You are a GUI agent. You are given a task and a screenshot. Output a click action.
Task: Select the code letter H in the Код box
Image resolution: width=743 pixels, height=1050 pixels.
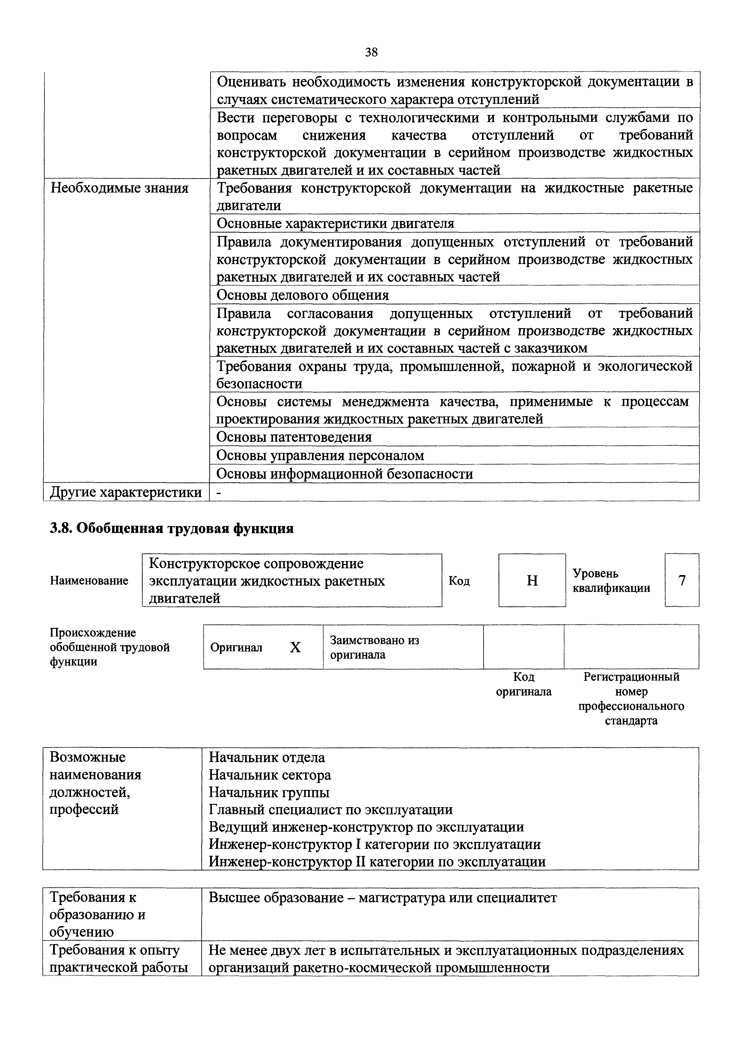tap(532, 580)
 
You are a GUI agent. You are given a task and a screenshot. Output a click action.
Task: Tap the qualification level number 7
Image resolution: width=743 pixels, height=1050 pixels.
tap(682, 580)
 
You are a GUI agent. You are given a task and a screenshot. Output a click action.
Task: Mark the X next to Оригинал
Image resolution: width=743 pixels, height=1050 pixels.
tap(296, 647)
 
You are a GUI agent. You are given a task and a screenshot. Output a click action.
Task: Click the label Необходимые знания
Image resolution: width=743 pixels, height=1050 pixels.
tap(120, 188)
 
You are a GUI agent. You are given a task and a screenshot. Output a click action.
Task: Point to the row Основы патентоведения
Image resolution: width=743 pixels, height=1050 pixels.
tap(294, 437)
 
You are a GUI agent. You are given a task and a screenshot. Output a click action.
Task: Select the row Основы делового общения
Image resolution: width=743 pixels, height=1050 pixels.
tap(303, 295)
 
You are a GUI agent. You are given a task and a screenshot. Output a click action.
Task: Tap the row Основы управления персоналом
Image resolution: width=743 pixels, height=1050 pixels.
tap(320, 455)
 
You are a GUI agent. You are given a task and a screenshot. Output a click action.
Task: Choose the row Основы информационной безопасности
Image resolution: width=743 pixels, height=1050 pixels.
tap(344, 474)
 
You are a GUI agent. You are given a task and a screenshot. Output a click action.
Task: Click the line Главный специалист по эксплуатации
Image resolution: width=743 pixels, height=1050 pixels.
tap(331, 810)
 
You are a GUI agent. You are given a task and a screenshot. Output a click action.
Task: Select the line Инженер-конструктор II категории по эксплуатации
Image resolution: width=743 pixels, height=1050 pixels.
tap(377, 862)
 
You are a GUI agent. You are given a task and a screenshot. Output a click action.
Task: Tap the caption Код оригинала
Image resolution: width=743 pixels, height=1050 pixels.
tap(524, 684)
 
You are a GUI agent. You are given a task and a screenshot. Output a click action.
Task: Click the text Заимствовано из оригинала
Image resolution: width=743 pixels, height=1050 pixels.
tap(374, 647)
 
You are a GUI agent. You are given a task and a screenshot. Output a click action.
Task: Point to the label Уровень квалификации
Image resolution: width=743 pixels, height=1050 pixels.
tap(611, 580)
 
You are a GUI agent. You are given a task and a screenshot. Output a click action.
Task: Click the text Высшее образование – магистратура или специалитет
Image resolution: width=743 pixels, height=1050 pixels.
tap(383, 898)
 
